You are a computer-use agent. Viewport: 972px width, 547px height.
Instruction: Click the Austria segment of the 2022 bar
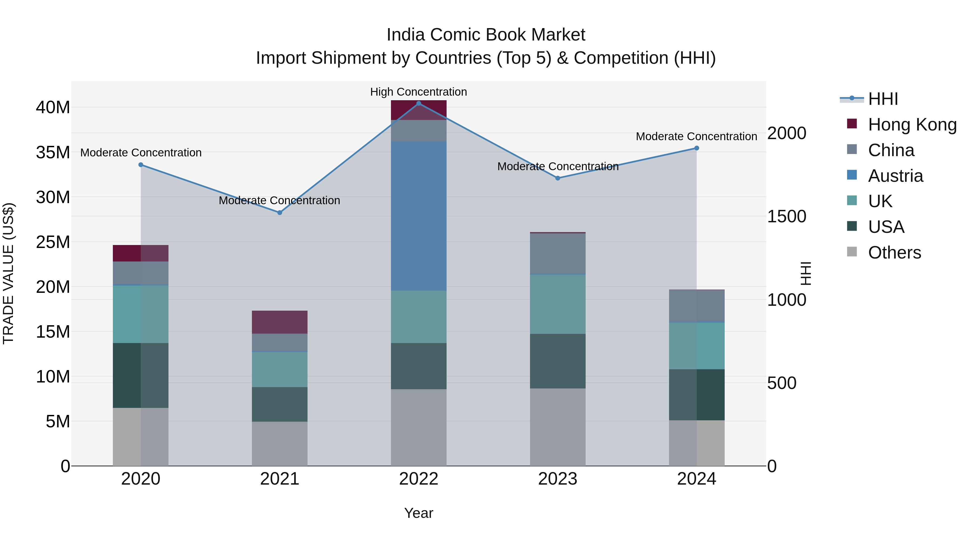tap(418, 216)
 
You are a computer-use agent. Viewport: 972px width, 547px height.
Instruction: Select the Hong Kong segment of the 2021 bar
tap(280, 322)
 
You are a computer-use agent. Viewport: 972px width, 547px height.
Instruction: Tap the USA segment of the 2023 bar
tap(558, 361)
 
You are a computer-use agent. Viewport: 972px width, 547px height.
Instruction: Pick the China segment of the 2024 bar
tap(697, 306)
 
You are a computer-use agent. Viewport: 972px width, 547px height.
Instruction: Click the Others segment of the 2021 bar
tap(280, 444)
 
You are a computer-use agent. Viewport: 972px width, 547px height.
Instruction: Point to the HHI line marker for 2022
tap(418, 103)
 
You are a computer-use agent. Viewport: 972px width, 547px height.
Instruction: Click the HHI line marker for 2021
tap(280, 213)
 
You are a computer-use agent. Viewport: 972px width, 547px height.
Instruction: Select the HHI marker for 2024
tap(697, 148)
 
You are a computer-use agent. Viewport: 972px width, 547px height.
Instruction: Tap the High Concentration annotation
tap(418, 92)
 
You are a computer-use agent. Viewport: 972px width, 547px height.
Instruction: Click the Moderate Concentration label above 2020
tap(141, 153)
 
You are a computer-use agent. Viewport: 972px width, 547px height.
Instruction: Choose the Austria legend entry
tap(895, 176)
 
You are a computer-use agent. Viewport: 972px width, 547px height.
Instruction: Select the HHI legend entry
tap(883, 99)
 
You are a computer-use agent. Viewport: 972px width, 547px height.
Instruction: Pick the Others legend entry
tap(894, 253)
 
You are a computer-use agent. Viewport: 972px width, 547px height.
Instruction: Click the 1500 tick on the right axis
tap(787, 216)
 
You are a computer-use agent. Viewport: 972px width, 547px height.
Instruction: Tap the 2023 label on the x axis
tap(558, 479)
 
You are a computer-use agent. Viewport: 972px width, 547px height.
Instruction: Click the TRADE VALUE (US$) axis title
tap(8, 273)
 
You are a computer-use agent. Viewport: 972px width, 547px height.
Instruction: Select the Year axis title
tap(418, 513)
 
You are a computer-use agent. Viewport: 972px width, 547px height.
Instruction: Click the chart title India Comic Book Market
tap(486, 35)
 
